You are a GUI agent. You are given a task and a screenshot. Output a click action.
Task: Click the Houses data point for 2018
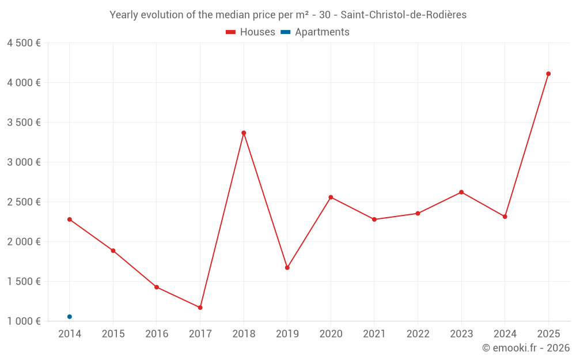[x=244, y=133]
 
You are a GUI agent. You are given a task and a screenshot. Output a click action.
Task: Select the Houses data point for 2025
[x=548, y=74]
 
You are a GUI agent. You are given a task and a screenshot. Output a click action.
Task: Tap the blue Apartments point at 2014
[x=70, y=317]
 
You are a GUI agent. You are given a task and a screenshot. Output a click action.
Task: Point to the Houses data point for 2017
[x=200, y=308]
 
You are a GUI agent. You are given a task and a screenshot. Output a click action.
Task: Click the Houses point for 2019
[x=287, y=268]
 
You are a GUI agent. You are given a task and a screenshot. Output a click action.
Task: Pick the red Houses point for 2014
[x=70, y=219]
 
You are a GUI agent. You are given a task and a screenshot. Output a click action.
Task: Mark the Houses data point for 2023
[x=461, y=192]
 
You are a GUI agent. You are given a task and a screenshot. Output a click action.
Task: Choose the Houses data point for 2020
[x=331, y=198]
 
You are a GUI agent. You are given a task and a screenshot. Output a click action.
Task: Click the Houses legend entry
[x=251, y=32]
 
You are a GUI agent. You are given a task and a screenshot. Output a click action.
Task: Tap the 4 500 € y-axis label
[x=24, y=43]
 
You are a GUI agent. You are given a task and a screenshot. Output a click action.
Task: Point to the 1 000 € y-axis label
[x=24, y=321]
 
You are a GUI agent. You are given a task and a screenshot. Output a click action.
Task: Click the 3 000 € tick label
[x=24, y=162]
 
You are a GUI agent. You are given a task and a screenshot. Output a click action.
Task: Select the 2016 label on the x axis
[x=157, y=334]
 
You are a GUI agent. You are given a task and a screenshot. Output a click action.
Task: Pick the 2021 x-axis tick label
[x=374, y=334]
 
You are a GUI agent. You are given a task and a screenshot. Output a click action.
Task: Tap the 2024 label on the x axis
[x=505, y=334]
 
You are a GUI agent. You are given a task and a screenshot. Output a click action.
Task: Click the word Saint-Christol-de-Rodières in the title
[x=404, y=15]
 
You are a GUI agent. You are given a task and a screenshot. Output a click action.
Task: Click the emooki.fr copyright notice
[x=525, y=348]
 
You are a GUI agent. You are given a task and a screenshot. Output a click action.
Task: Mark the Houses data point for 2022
[x=418, y=214]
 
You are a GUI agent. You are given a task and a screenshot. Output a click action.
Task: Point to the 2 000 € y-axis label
[x=24, y=242]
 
